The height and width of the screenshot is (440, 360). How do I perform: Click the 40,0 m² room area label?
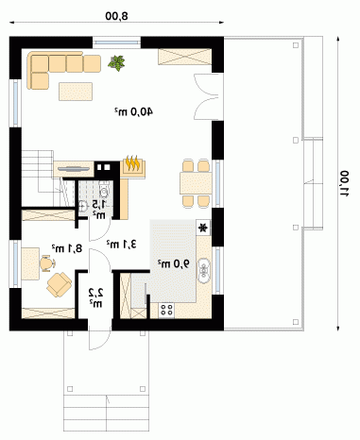(x=133, y=111)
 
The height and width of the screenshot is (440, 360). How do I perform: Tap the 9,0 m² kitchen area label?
(x=174, y=263)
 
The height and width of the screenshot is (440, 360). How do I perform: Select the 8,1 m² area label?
(x=67, y=248)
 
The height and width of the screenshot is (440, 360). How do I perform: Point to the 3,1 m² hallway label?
(x=122, y=244)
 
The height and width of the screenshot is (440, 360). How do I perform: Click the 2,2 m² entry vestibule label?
(x=95, y=298)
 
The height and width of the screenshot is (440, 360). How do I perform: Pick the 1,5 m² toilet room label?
(x=99, y=210)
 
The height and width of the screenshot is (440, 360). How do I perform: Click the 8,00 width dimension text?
(x=117, y=16)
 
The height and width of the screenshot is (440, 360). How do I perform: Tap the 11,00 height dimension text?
(x=344, y=183)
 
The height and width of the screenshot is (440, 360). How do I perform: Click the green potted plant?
(x=116, y=63)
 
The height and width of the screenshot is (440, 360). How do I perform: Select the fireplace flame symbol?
(x=132, y=163)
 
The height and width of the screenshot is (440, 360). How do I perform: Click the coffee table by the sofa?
(x=76, y=92)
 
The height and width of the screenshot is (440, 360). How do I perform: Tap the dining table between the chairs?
(x=196, y=183)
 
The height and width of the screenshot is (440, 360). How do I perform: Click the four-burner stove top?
(x=166, y=310)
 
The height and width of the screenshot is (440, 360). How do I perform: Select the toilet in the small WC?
(x=104, y=190)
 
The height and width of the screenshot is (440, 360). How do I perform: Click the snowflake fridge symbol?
(x=203, y=227)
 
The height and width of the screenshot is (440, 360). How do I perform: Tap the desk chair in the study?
(x=47, y=263)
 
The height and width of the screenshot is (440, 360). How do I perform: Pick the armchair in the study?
(x=60, y=284)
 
